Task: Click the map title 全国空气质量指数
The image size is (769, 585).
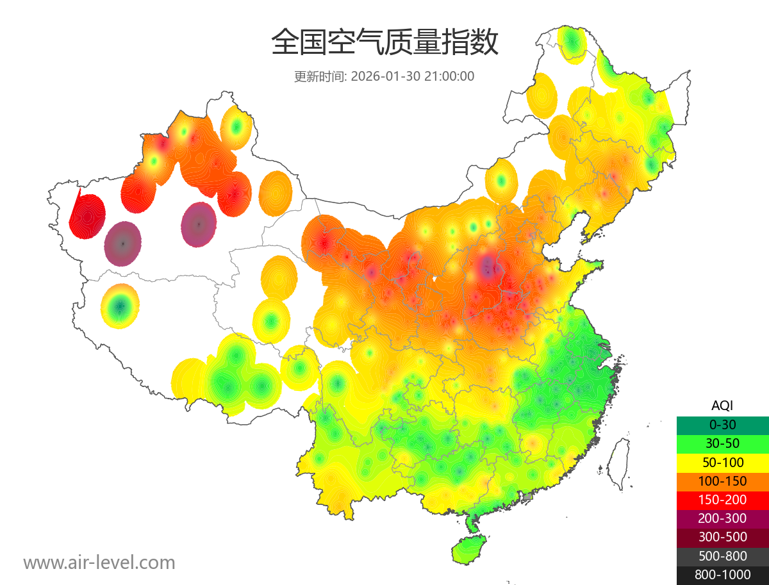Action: coord(384,44)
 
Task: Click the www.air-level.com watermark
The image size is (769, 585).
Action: coord(99,563)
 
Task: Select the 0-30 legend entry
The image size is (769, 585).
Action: coord(722,425)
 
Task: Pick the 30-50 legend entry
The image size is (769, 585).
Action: coord(722,443)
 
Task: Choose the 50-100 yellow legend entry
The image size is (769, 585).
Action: coord(722,462)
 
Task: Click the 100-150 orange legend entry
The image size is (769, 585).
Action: coord(722,481)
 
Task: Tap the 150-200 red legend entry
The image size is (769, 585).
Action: coord(722,500)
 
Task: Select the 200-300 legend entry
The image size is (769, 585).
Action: coord(722,518)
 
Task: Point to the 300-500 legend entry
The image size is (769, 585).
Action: coord(722,537)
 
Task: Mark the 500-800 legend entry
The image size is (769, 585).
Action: coord(722,556)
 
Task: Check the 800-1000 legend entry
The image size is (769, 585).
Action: coord(722,575)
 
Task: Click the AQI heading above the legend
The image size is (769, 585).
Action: coord(722,406)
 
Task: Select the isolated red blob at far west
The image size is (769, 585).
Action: coord(88,216)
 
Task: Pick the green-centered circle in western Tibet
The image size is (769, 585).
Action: coord(120,306)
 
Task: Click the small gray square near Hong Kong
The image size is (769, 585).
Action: coord(528,497)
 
